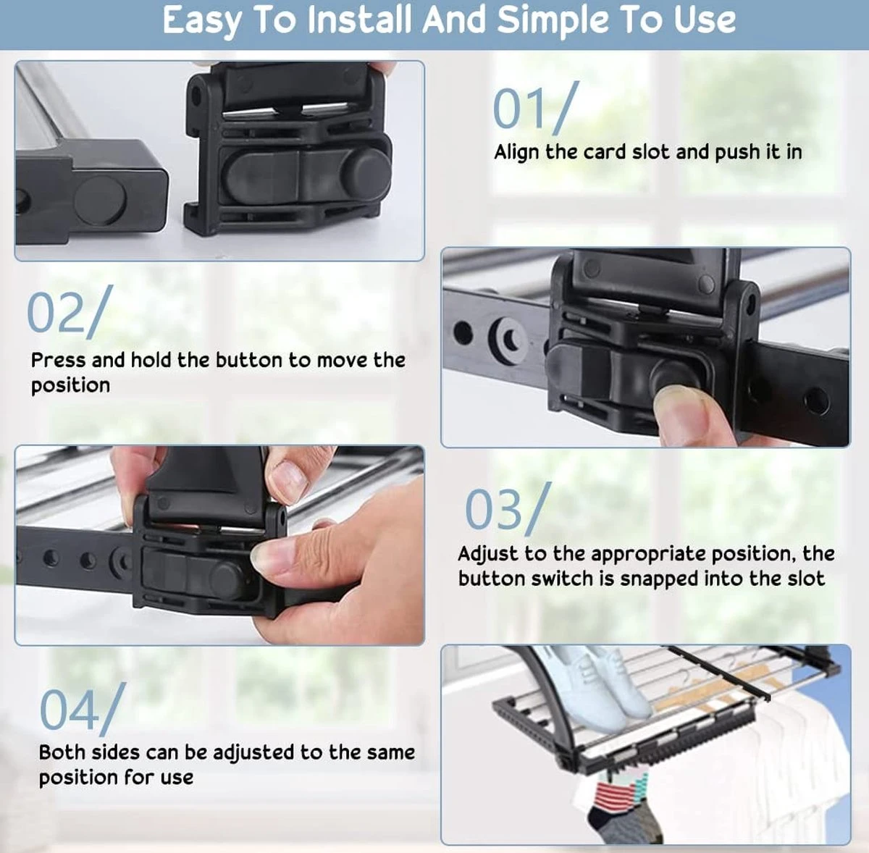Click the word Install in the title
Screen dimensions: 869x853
(x=359, y=20)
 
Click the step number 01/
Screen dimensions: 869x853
(x=535, y=109)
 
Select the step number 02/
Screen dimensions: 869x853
(x=67, y=312)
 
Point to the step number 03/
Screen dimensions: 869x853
(x=508, y=510)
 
